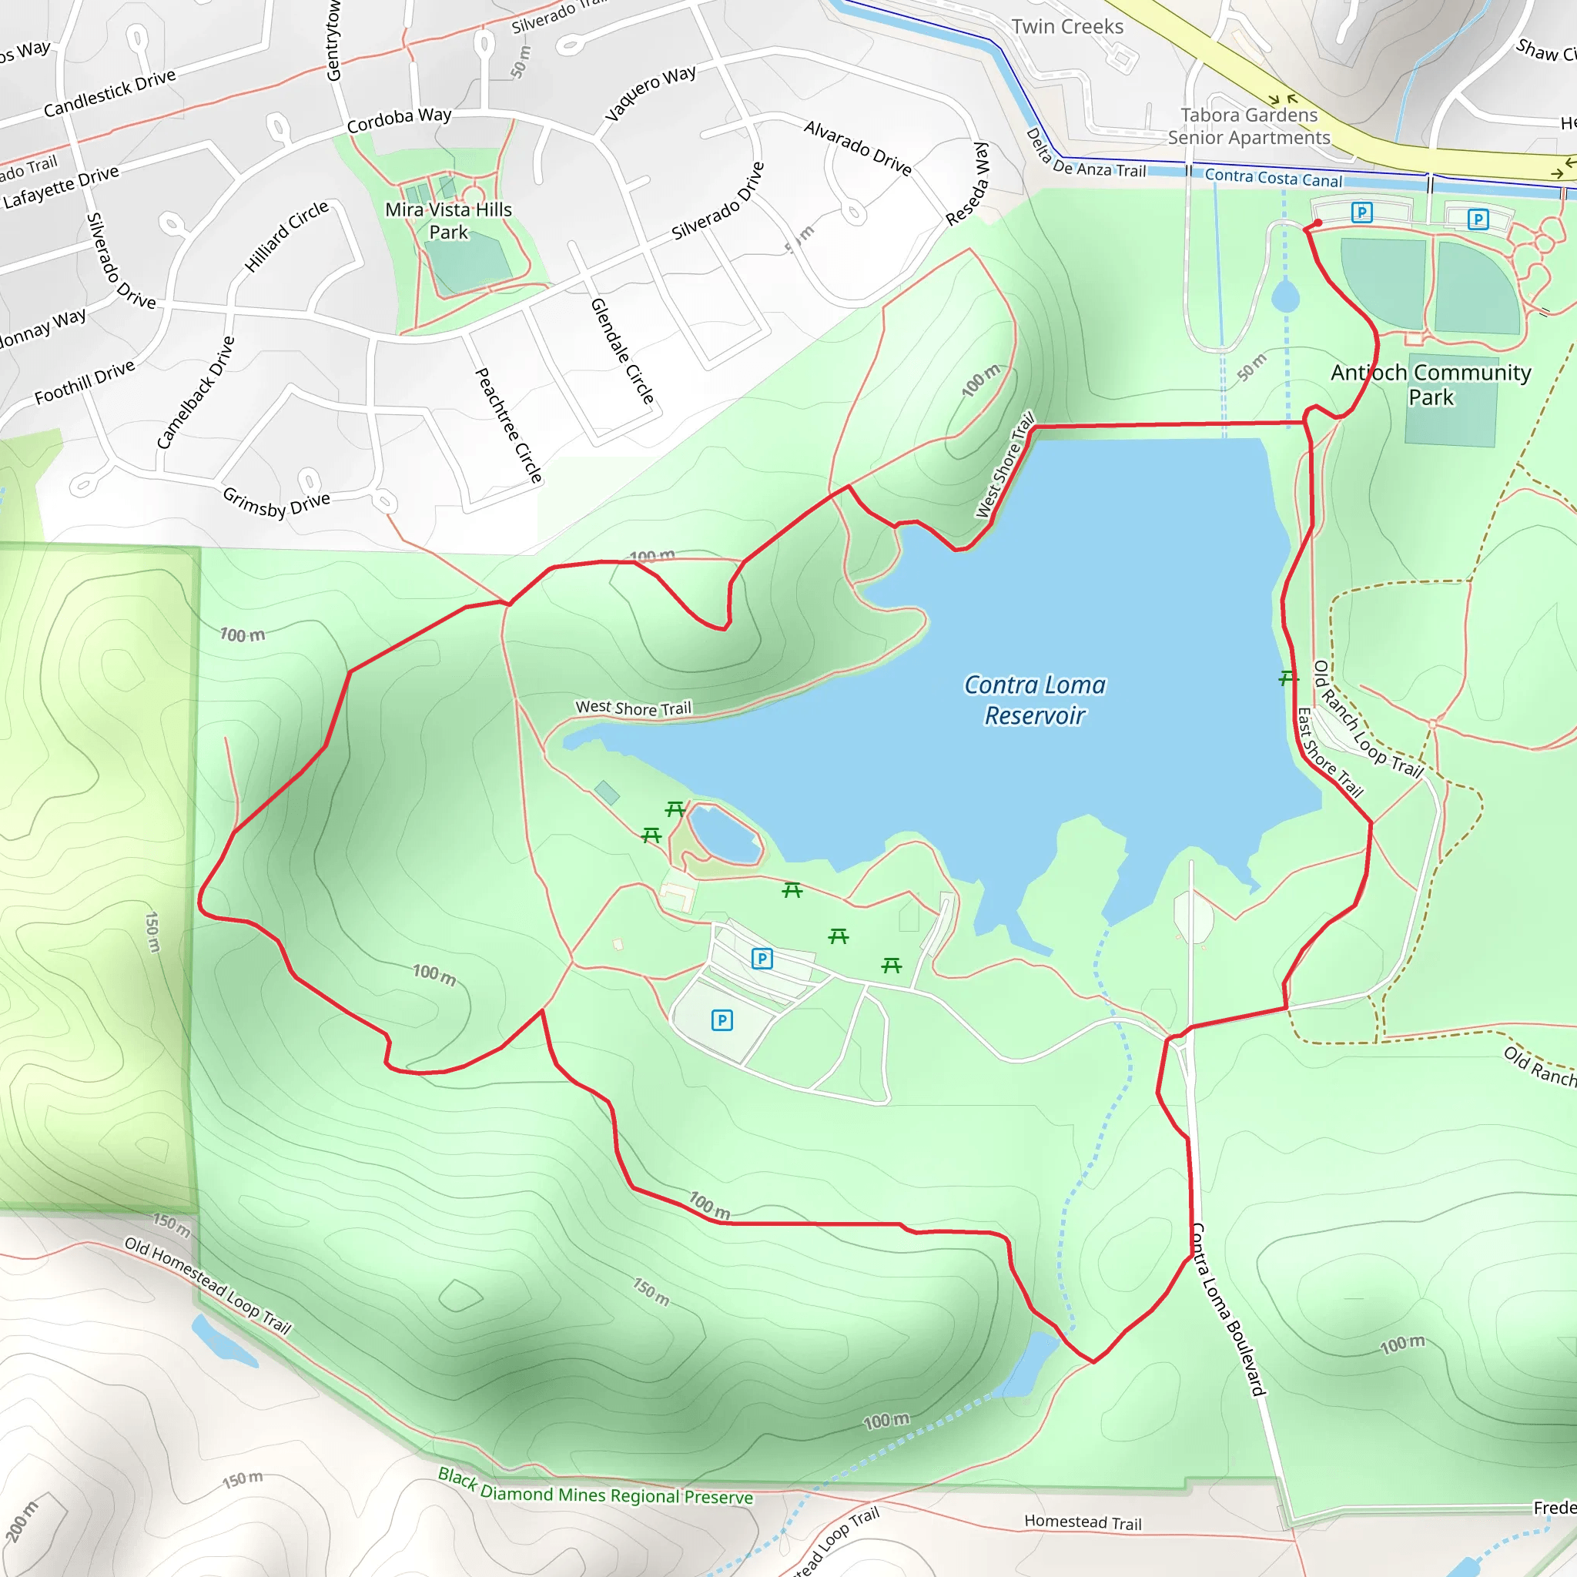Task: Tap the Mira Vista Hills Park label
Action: tap(448, 221)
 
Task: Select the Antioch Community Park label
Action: tap(1430, 384)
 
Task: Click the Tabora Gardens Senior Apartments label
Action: tap(1248, 126)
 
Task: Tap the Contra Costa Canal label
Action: tap(1273, 178)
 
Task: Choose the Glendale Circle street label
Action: tap(622, 350)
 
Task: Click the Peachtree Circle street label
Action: tap(508, 424)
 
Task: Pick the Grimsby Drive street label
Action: tap(276, 503)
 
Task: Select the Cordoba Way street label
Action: tap(399, 119)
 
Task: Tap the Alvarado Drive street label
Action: tap(857, 148)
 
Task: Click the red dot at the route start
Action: tap(1318, 223)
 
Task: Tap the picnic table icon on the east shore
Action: tap(1287, 678)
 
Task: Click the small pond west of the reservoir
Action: tap(725, 834)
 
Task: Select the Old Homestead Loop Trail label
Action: tap(207, 1285)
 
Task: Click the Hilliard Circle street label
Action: tap(286, 236)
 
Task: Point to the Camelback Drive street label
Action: tap(196, 393)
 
